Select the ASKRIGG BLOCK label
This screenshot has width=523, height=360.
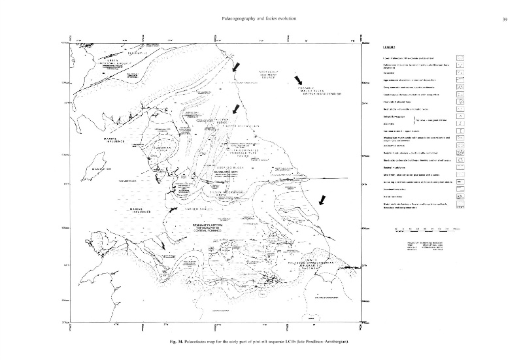[230, 167]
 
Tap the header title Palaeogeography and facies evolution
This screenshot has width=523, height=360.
[260, 18]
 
